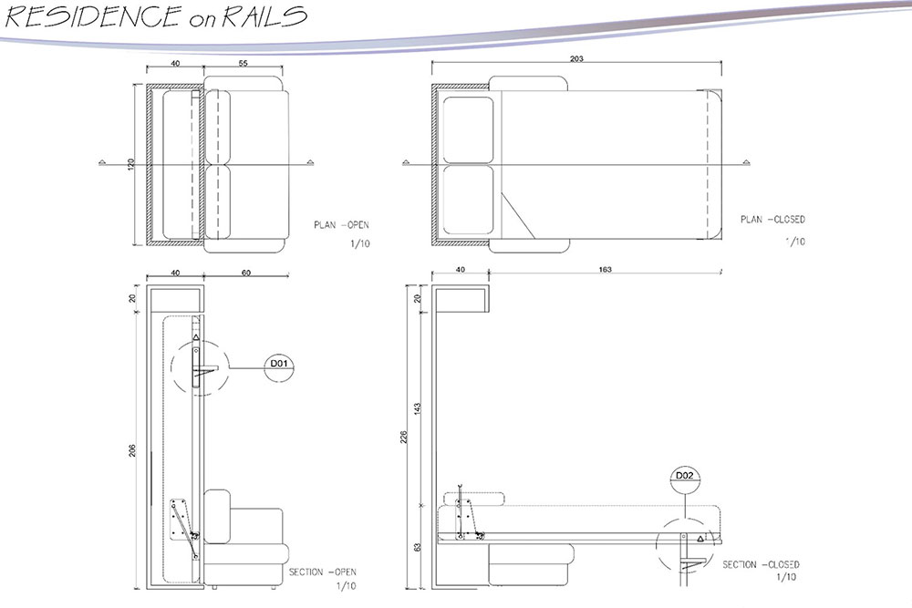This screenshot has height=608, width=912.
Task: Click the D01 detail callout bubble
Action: pos(278,366)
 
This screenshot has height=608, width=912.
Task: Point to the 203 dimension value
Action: pos(575,59)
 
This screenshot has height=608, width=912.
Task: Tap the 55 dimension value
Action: pos(242,65)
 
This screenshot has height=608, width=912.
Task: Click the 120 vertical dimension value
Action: pos(131,165)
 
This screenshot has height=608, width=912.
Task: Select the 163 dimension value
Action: pos(605,270)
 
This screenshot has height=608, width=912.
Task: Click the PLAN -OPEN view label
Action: pos(341,225)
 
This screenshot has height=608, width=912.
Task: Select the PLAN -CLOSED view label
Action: pos(772,220)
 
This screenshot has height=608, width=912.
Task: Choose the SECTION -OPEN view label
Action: pos(322,572)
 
